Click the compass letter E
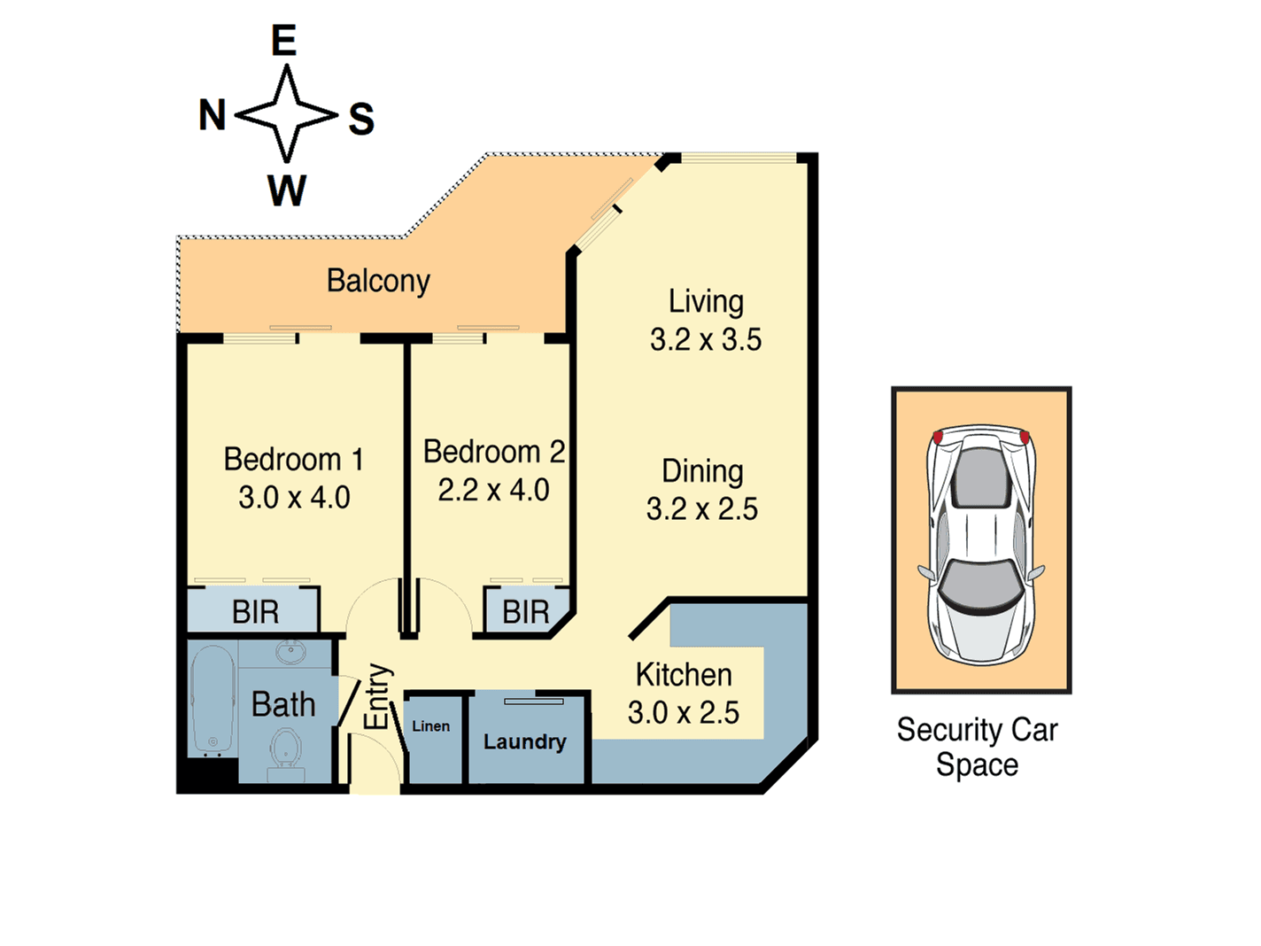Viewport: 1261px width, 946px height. click(x=283, y=41)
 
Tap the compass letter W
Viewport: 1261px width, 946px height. click(x=287, y=190)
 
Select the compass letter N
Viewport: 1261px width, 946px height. click(x=213, y=115)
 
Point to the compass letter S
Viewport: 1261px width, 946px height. click(x=361, y=119)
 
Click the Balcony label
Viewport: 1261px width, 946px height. click(x=378, y=281)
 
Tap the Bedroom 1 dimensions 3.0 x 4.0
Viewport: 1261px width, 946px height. click(x=294, y=498)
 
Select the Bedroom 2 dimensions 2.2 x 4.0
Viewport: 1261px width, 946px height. click(x=493, y=490)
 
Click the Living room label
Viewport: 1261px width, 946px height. click(x=706, y=301)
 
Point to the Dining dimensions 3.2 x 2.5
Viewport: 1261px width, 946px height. click(x=701, y=509)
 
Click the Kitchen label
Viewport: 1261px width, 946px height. click(x=684, y=675)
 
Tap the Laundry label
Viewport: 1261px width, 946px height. click(x=524, y=741)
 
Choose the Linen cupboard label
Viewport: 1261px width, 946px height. click(x=431, y=726)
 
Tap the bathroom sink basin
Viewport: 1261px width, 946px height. click(x=290, y=652)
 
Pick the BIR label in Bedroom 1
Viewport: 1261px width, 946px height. click(x=255, y=612)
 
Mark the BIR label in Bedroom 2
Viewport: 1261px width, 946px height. click(x=525, y=612)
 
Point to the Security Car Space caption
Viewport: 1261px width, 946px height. click(x=977, y=747)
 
